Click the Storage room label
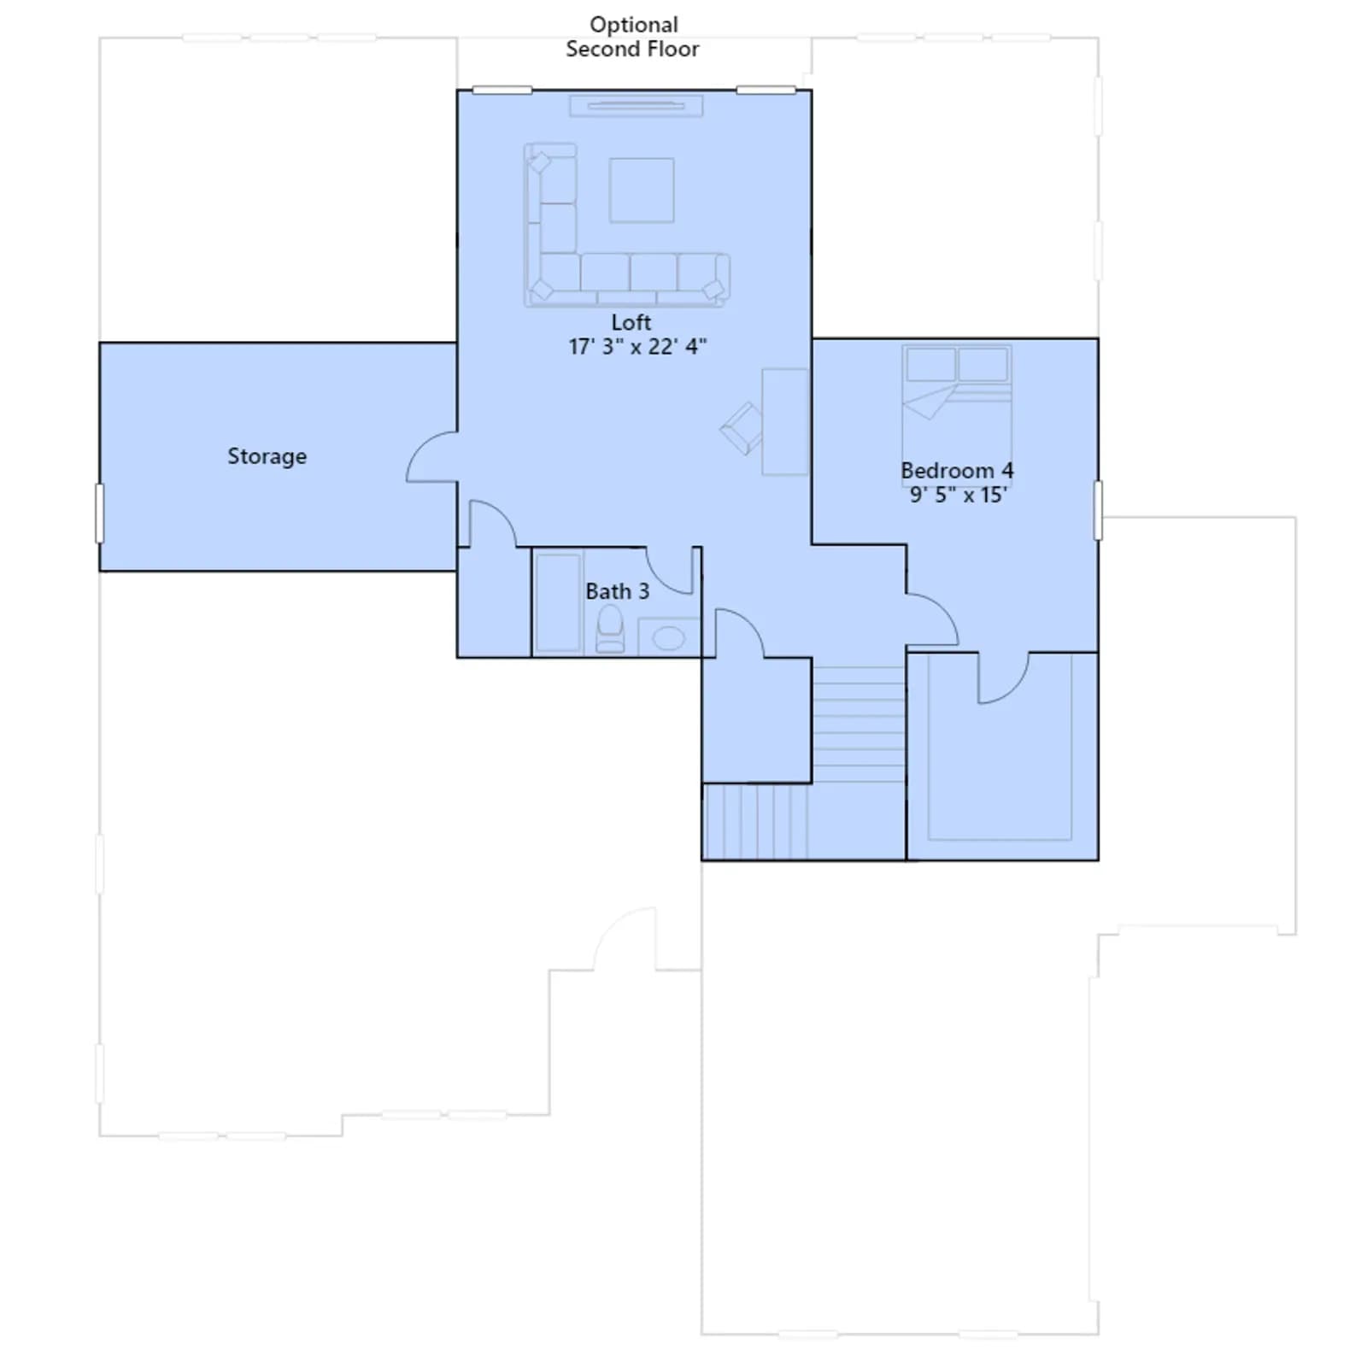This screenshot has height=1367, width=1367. pos(267,456)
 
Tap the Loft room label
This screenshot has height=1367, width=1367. pos(631,322)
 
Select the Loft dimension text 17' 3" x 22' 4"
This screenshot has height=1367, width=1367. pos(637,346)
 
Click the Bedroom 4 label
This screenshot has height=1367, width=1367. pos(957,471)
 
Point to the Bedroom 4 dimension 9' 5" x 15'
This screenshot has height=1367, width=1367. pos(958,495)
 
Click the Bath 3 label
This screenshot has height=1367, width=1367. pos(617,591)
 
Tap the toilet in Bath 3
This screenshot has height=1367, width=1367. pos(610,629)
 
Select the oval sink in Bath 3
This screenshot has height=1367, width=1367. pos(668,637)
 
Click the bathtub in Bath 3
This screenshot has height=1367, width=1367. pos(558,602)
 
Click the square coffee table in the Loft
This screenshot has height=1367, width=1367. pos(642,190)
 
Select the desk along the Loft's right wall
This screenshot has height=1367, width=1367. pos(785,422)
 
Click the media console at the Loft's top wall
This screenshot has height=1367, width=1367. pos(637,106)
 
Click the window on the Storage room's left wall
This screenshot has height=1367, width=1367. pos(99,513)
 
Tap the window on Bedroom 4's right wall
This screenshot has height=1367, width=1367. pos(1098,510)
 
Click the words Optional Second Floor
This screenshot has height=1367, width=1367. pos(633,37)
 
